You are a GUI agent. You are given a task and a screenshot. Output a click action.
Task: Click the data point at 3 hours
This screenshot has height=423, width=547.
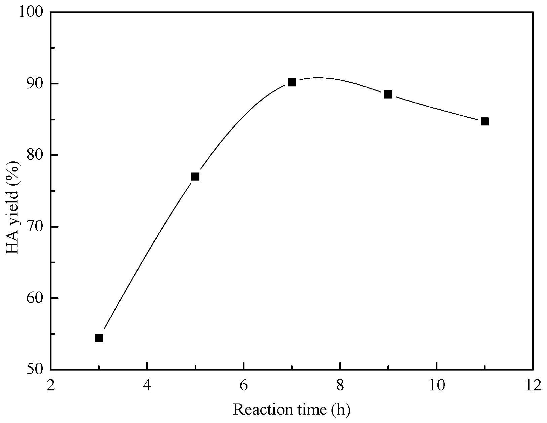[x=99, y=338]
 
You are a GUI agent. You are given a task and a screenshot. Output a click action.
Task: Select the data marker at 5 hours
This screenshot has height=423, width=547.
[x=195, y=177]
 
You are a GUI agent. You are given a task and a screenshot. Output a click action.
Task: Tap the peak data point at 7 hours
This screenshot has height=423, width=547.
[x=291, y=82]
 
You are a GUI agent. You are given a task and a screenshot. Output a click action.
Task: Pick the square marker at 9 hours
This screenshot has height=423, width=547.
[x=388, y=94]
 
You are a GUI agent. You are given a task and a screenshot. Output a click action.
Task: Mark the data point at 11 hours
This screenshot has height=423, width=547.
[x=484, y=121]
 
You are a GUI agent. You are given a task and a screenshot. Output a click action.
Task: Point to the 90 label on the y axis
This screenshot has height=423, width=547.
[x=37, y=83]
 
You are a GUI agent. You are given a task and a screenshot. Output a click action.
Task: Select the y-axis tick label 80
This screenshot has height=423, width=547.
[x=37, y=155]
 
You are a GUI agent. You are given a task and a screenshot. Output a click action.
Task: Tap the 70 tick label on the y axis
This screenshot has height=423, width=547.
[x=37, y=227]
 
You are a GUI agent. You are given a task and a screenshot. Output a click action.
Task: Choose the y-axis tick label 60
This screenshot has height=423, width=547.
[x=37, y=298]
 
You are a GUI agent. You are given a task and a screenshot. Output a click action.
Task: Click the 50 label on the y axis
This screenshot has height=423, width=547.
[x=37, y=369]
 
